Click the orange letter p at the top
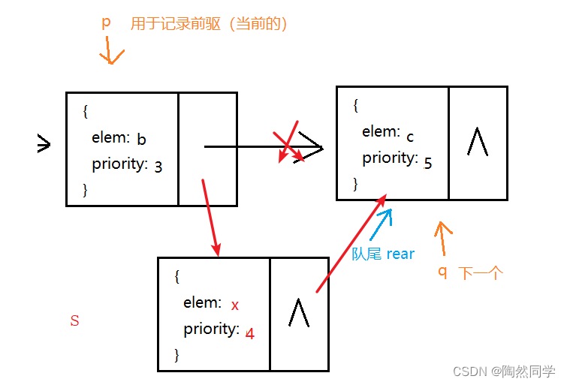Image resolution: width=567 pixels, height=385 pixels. pos(106,23)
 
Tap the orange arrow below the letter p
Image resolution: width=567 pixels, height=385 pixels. pos(110,52)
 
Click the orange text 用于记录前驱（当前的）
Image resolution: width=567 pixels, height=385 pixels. pos(210,24)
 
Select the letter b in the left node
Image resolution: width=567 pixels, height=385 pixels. pos(141,139)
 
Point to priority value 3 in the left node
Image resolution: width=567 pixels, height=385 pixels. pos(158,167)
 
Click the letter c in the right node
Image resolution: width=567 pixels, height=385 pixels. pos(410,137)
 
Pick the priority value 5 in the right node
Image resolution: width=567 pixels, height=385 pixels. pos(428,163)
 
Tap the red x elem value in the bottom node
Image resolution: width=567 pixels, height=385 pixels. pos(235,305)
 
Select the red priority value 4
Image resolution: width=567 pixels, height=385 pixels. pos(250,334)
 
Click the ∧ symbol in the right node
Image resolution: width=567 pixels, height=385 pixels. pos(477,141)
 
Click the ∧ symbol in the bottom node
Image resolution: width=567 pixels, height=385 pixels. pos(299,311)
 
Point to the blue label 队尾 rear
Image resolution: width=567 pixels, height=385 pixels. pos(383,254)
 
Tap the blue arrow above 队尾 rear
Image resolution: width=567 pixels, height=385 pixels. pos(381,224)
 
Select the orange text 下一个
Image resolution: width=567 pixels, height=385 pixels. pos(480,273)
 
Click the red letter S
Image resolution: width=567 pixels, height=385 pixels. pos(74,321)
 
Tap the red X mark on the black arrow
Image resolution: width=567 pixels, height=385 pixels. pos(290,142)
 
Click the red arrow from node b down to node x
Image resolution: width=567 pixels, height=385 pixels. pos(210,218)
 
